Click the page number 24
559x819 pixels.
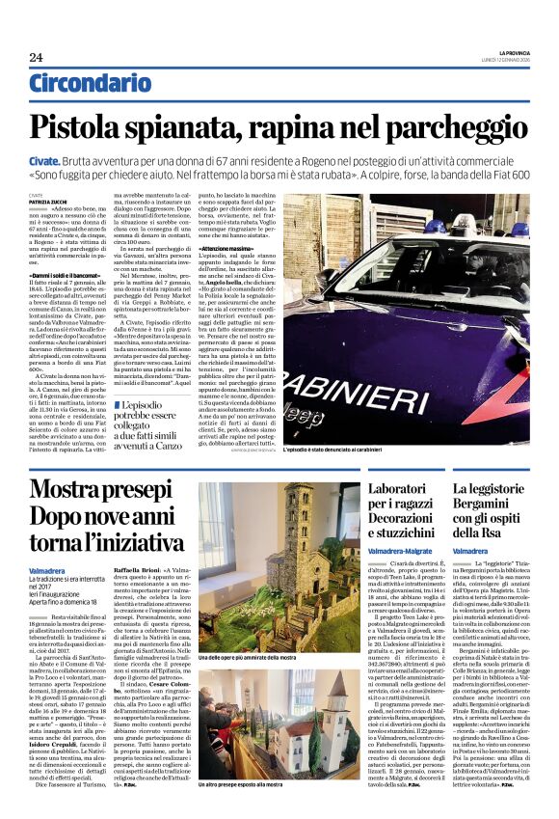(x=36, y=57)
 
